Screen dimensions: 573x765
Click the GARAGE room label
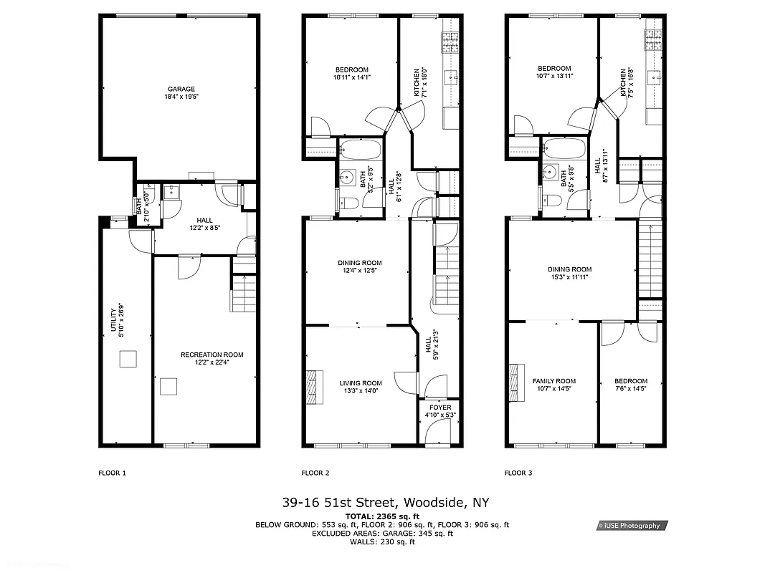pyautogui.click(x=181, y=90)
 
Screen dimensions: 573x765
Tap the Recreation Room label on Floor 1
pyautogui.click(x=212, y=355)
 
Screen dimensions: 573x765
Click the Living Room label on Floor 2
pyautogui.click(x=361, y=383)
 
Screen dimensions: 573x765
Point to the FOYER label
pyautogui.click(x=440, y=408)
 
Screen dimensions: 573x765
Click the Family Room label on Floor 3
pyautogui.click(x=553, y=381)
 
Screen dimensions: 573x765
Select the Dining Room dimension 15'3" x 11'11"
pyautogui.click(x=571, y=277)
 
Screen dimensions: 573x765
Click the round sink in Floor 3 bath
pyautogui.click(x=551, y=172)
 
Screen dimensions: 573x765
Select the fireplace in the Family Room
pyautogui.click(x=514, y=385)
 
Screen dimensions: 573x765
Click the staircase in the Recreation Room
pyautogui.click(x=243, y=293)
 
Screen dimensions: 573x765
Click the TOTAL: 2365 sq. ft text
pyautogui.click(x=382, y=516)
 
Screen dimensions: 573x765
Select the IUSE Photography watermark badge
pyautogui.click(x=632, y=526)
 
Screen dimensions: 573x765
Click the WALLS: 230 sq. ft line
pyautogui.click(x=382, y=542)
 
